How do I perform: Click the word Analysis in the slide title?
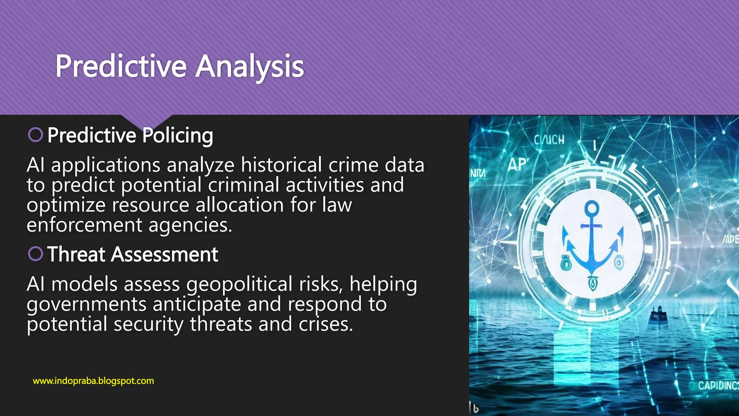pos(250,66)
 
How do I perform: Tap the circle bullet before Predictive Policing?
pos(35,135)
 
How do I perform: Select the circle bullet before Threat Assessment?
pos(35,253)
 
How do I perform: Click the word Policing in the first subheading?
pos(177,135)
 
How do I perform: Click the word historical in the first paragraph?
pos(281,165)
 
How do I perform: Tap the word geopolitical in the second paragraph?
pos(239,285)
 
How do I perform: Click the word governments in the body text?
pos(86,304)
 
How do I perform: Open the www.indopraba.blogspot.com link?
pos(93,381)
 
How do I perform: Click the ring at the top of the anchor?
pos(592,208)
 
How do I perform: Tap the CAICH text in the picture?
pos(549,139)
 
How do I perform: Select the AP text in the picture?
pos(517,165)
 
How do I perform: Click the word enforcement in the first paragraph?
pos(84,225)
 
